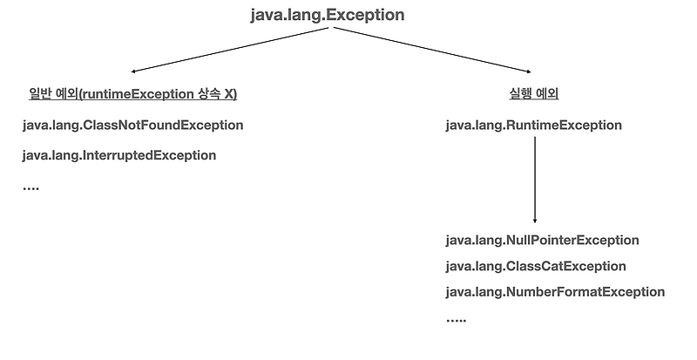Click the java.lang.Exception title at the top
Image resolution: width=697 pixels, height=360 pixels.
(x=327, y=16)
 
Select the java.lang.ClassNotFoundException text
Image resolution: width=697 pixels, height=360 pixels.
(x=132, y=125)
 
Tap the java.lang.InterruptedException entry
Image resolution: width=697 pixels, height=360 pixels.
(x=118, y=155)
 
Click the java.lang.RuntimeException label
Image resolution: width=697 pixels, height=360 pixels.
(x=533, y=125)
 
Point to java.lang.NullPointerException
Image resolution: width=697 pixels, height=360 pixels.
(x=542, y=240)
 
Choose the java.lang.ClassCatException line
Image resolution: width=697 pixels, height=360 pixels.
(x=535, y=266)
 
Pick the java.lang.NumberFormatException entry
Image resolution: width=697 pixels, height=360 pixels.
(x=555, y=292)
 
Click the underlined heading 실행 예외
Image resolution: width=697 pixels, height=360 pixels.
(x=532, y=93)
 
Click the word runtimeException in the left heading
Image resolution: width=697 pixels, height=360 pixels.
(x=139, y=93)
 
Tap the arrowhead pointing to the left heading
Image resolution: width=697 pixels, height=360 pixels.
(x=132, y=71)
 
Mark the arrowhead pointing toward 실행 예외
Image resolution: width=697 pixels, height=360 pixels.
(x=529, y=72)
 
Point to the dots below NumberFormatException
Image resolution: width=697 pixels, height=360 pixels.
(x=456, y=321)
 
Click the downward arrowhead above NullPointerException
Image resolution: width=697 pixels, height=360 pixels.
(x=534, y=221)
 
